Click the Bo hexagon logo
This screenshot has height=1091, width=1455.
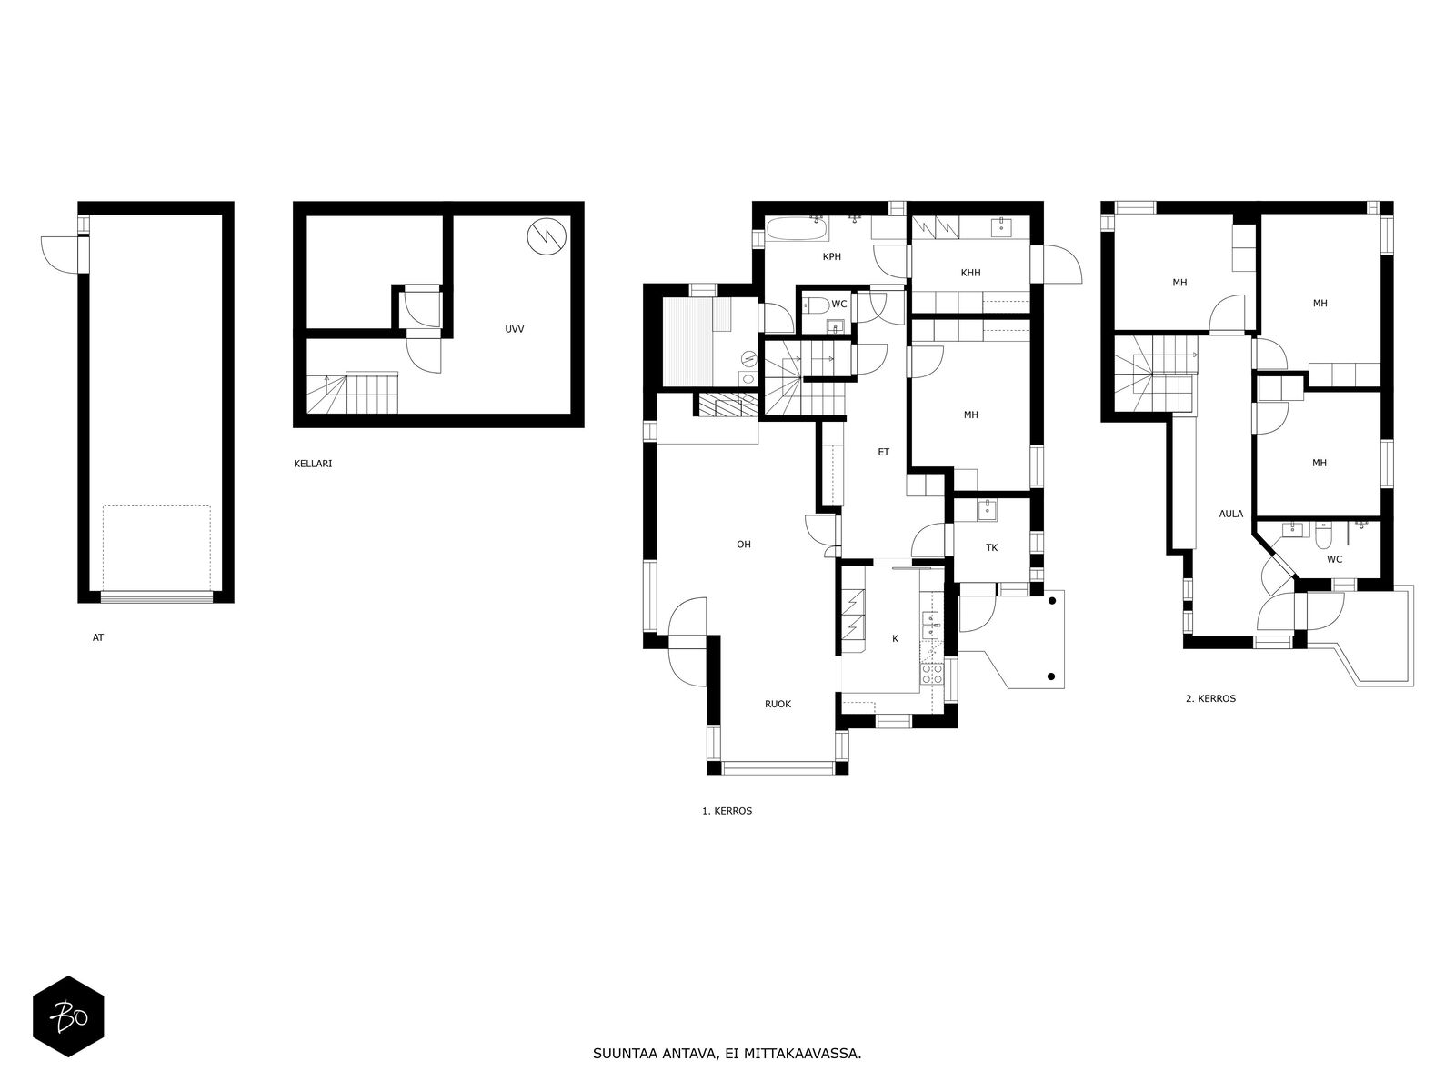68,1016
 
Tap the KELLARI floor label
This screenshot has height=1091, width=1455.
313,464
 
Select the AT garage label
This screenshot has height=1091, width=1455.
98,638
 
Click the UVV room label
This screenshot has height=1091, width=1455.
515,329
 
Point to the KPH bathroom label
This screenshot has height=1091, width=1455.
832,257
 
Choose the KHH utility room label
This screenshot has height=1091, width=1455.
970,273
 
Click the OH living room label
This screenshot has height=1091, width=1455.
744,545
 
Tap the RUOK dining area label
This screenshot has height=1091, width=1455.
778,704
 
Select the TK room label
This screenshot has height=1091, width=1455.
991,548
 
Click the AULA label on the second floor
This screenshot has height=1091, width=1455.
1231,514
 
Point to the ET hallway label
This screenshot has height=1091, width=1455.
884,453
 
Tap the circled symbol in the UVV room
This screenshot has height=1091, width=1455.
547,235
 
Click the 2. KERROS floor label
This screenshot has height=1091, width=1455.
1210,698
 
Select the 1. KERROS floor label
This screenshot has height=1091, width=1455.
727,811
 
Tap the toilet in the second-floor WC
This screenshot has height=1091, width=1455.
1323,535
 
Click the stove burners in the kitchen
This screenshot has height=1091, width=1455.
931,674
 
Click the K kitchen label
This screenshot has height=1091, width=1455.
895,638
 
